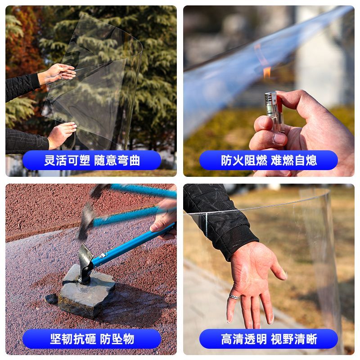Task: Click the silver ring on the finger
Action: (x=234, y=297)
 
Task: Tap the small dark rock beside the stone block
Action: (x=51, y=299)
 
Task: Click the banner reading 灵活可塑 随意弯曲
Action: (x=92, y=160)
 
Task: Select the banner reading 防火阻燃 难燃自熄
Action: (x=269, y=160)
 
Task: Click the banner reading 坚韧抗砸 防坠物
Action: (x=92, y=339)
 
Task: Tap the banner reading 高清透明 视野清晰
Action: (x=269, y=339)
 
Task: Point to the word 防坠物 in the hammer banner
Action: (x=117, y=339)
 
